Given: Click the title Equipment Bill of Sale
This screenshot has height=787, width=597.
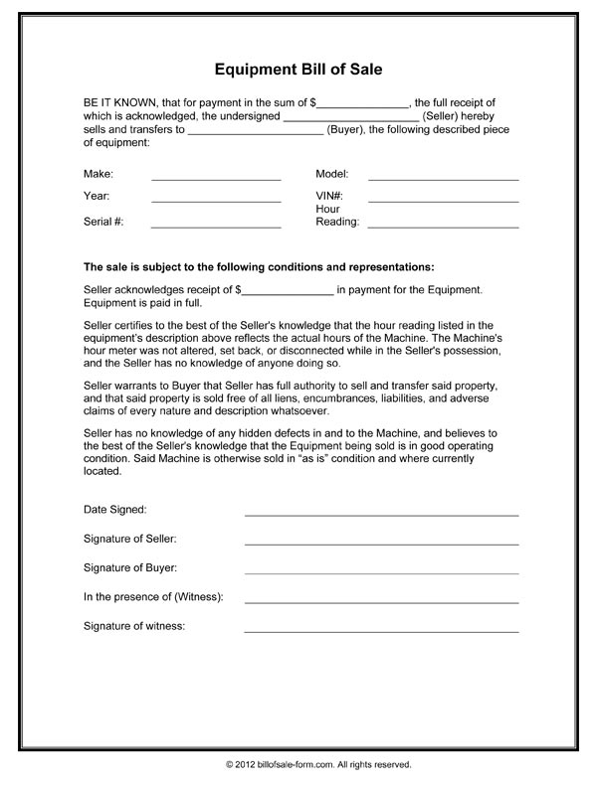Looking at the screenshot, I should coord(298,71).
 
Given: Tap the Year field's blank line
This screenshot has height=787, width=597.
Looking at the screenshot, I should coord(216,201).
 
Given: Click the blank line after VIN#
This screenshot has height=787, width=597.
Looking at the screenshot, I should coord(443,201).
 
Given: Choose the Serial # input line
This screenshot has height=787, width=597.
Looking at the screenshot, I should coord(216,227).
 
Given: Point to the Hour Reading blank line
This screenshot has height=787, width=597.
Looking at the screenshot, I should coord(443,227).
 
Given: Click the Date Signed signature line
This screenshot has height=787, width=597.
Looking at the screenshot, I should coord(381,515).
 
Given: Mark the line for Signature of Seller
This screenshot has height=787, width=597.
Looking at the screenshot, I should coord(381,544).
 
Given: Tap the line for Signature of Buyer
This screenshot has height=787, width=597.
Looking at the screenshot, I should coord(381,572).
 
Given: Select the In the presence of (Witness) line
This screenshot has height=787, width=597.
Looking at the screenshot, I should coord(381,602).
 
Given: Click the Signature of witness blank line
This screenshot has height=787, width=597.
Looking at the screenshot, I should coord(381,631).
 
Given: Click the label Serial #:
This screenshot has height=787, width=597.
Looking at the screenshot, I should coord(103,222).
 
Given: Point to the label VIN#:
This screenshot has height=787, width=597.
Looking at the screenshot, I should coord(329,196).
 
